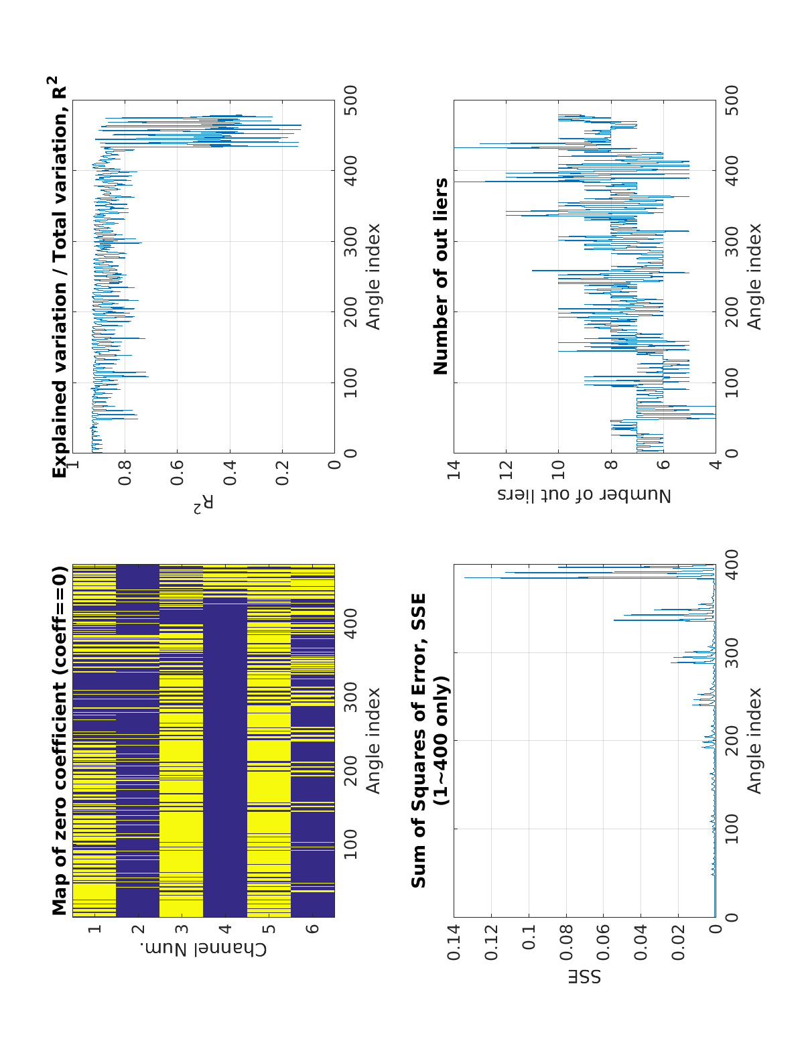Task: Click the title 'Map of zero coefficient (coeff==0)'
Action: pos(60,740)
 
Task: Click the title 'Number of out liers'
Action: pos(441,276)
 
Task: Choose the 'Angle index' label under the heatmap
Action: pos(373,740)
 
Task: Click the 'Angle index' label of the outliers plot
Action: pos(754,276)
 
